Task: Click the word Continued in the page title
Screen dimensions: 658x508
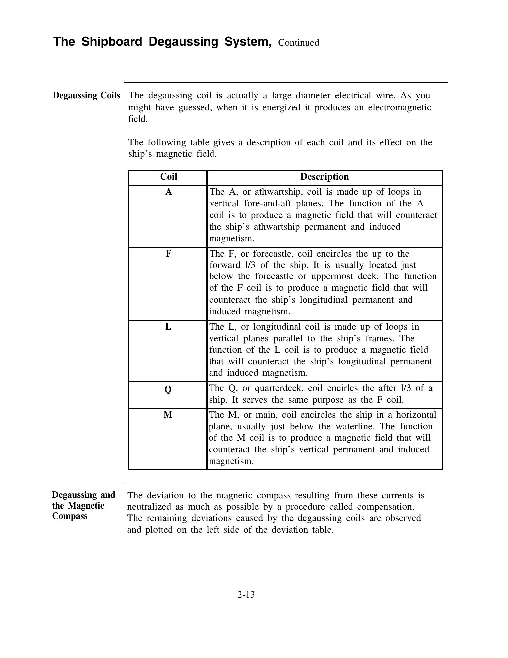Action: [298, 43]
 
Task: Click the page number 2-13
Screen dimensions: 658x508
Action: [246, 594]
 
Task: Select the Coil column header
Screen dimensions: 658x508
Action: [168, 177]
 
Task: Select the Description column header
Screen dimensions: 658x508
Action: [324, 177]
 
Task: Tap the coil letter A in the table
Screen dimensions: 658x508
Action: [169, 192]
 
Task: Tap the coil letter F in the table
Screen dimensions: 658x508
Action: [168, 254]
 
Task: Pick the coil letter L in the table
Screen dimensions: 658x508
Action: [168, 327]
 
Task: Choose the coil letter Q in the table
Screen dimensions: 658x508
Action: [168, 389]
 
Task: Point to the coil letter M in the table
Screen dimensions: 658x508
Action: [168, 415]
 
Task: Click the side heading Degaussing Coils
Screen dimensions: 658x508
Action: [86, 96]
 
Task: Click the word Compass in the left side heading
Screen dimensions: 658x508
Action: [70, 516]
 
